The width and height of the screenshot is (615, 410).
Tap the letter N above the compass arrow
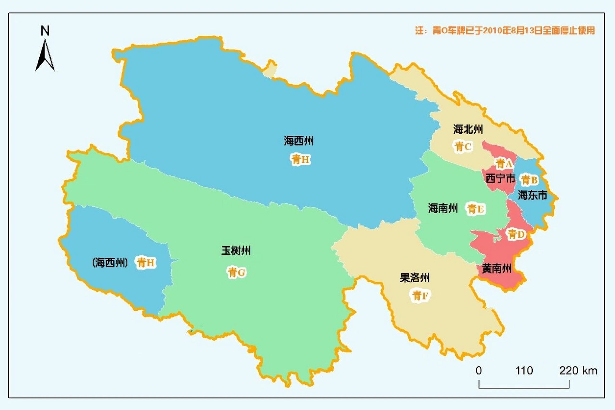(45, 31)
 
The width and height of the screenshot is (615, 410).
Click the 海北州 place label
(468, 129)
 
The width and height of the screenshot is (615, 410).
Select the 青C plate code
(463, 147)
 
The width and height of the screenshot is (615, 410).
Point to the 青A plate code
(504, 164)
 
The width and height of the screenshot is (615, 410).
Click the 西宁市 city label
(500, 178)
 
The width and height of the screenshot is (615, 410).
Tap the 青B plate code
(529, 180)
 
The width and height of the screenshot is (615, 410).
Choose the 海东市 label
(532, 195)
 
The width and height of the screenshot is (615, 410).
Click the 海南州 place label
(443, 208)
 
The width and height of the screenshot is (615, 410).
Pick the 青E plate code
(475, 209)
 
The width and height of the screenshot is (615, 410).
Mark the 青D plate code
(516, 234)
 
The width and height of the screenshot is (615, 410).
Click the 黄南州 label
(497, 268)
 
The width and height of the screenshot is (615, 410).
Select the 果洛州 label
(415, 278)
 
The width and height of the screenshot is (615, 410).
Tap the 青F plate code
(420, 295)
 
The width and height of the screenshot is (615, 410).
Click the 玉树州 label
(236, 250)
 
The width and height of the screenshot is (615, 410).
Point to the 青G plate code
(237, 273)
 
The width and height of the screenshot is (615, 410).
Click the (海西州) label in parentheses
(110, 263)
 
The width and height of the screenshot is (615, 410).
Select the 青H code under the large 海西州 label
(300, 159)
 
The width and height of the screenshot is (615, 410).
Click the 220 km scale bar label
(578, 371)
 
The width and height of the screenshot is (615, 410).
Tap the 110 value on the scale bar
(524, 371)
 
